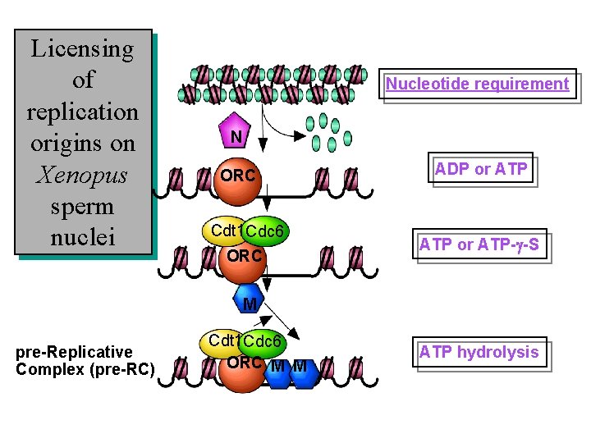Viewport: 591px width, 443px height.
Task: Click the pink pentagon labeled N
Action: (x=235, y=135)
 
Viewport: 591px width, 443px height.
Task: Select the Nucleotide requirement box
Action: (x=477, y=84)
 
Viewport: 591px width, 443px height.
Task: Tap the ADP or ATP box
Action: (x=481, y=170)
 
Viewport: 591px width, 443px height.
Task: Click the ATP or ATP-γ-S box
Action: (x=483, y=244)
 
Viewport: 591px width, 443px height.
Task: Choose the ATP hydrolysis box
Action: (x=479, y=353)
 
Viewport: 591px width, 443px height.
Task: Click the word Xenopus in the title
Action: (x=82, y=175)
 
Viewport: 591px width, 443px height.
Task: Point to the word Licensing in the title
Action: (x=82, y=48)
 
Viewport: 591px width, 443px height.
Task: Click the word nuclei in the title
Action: (x=82, y=238)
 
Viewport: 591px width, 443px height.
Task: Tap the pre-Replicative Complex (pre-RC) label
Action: (x=85, y=361)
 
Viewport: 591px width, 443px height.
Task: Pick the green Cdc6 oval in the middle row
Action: (x=266, y=233)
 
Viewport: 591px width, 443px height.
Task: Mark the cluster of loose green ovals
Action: (x=327, y=131)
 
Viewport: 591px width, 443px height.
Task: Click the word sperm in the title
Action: (x=82, y=206)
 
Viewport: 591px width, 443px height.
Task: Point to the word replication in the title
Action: (x=82, y=112)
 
